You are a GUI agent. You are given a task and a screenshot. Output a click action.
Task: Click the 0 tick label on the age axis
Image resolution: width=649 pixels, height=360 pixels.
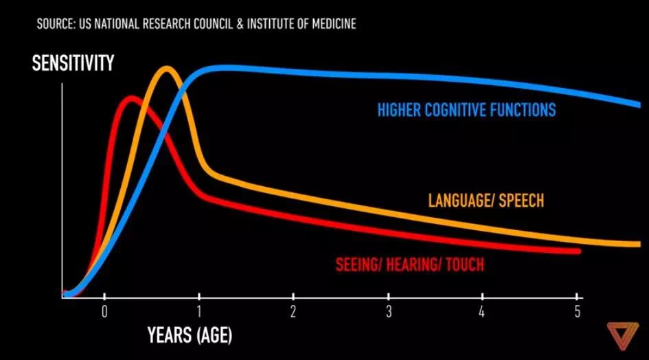[104, 311]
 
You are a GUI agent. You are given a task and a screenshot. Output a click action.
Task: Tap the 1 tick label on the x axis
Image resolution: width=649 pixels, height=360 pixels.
[199, 311]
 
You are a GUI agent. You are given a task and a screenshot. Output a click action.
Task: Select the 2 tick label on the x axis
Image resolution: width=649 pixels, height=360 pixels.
[294, 311]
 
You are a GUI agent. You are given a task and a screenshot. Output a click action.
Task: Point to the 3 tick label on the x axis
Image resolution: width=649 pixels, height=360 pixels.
[389, 311]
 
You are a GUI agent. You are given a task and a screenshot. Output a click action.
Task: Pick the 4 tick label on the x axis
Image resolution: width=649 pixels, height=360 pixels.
[483, 311]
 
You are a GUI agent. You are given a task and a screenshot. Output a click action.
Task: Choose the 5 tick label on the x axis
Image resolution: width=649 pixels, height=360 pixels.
[577, 311]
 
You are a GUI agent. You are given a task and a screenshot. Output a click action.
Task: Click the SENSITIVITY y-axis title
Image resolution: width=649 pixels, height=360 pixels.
[73, 65]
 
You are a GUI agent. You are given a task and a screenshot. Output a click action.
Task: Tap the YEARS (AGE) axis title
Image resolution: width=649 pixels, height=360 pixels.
[190, 336]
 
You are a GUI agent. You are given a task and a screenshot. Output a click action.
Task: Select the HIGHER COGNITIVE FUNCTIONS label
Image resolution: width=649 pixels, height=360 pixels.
[466, 109]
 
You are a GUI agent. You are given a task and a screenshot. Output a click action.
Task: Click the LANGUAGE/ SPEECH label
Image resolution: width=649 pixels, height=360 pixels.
[486, 201]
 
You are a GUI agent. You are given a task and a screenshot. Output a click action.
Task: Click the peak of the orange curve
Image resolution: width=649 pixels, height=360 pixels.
[167, 69]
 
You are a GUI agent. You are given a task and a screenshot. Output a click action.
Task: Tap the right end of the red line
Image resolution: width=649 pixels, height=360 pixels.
[579, 251]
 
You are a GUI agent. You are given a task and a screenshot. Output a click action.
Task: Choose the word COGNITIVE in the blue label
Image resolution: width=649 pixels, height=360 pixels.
[457, 109]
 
